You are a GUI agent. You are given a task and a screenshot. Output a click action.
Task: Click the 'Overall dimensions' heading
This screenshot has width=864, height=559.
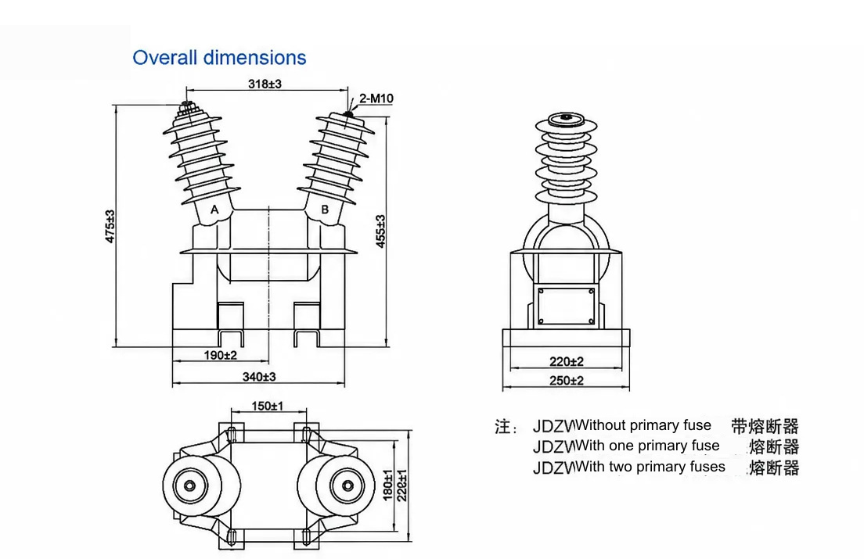(219, 58)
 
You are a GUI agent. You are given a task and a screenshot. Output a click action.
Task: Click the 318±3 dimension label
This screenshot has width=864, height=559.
(265, 84)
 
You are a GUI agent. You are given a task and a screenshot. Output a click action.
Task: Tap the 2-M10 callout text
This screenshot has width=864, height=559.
(376, 99)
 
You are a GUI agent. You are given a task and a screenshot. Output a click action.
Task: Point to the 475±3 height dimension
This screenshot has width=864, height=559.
(110, 226)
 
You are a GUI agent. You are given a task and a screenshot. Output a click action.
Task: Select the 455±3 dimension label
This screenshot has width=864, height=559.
(381, 231)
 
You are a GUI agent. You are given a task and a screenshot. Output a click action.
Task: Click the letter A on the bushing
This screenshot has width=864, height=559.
(214, 210)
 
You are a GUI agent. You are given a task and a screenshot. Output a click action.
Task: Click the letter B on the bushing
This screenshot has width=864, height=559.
(325, 210)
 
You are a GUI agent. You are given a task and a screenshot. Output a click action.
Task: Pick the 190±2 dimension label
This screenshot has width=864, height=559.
(221, 356)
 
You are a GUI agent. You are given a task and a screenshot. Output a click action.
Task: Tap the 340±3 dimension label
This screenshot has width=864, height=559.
(259, 377)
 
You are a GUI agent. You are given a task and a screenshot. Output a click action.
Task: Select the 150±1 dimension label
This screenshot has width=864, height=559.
(267, 406)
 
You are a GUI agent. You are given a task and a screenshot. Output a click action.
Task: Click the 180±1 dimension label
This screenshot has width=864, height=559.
(388, 486)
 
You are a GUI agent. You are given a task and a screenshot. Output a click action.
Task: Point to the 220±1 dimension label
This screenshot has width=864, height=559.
(402, 486)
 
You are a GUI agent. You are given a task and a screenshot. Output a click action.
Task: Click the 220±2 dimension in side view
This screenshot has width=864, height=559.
(567, 361)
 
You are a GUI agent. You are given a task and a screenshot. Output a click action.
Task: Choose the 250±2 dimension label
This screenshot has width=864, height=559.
(567, 380)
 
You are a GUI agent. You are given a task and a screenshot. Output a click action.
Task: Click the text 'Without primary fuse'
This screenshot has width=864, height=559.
(643, 425)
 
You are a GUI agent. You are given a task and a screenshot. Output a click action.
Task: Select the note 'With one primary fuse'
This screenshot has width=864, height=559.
(647, 446)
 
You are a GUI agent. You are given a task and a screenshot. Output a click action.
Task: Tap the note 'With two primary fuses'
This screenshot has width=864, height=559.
(650, 467)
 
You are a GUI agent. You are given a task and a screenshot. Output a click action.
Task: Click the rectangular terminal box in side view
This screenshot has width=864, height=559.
(566, 306)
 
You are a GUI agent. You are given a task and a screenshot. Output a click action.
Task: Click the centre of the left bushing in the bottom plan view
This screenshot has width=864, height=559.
(190, 486)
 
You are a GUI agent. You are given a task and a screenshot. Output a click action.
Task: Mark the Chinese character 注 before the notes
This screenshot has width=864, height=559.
(503, 426)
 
